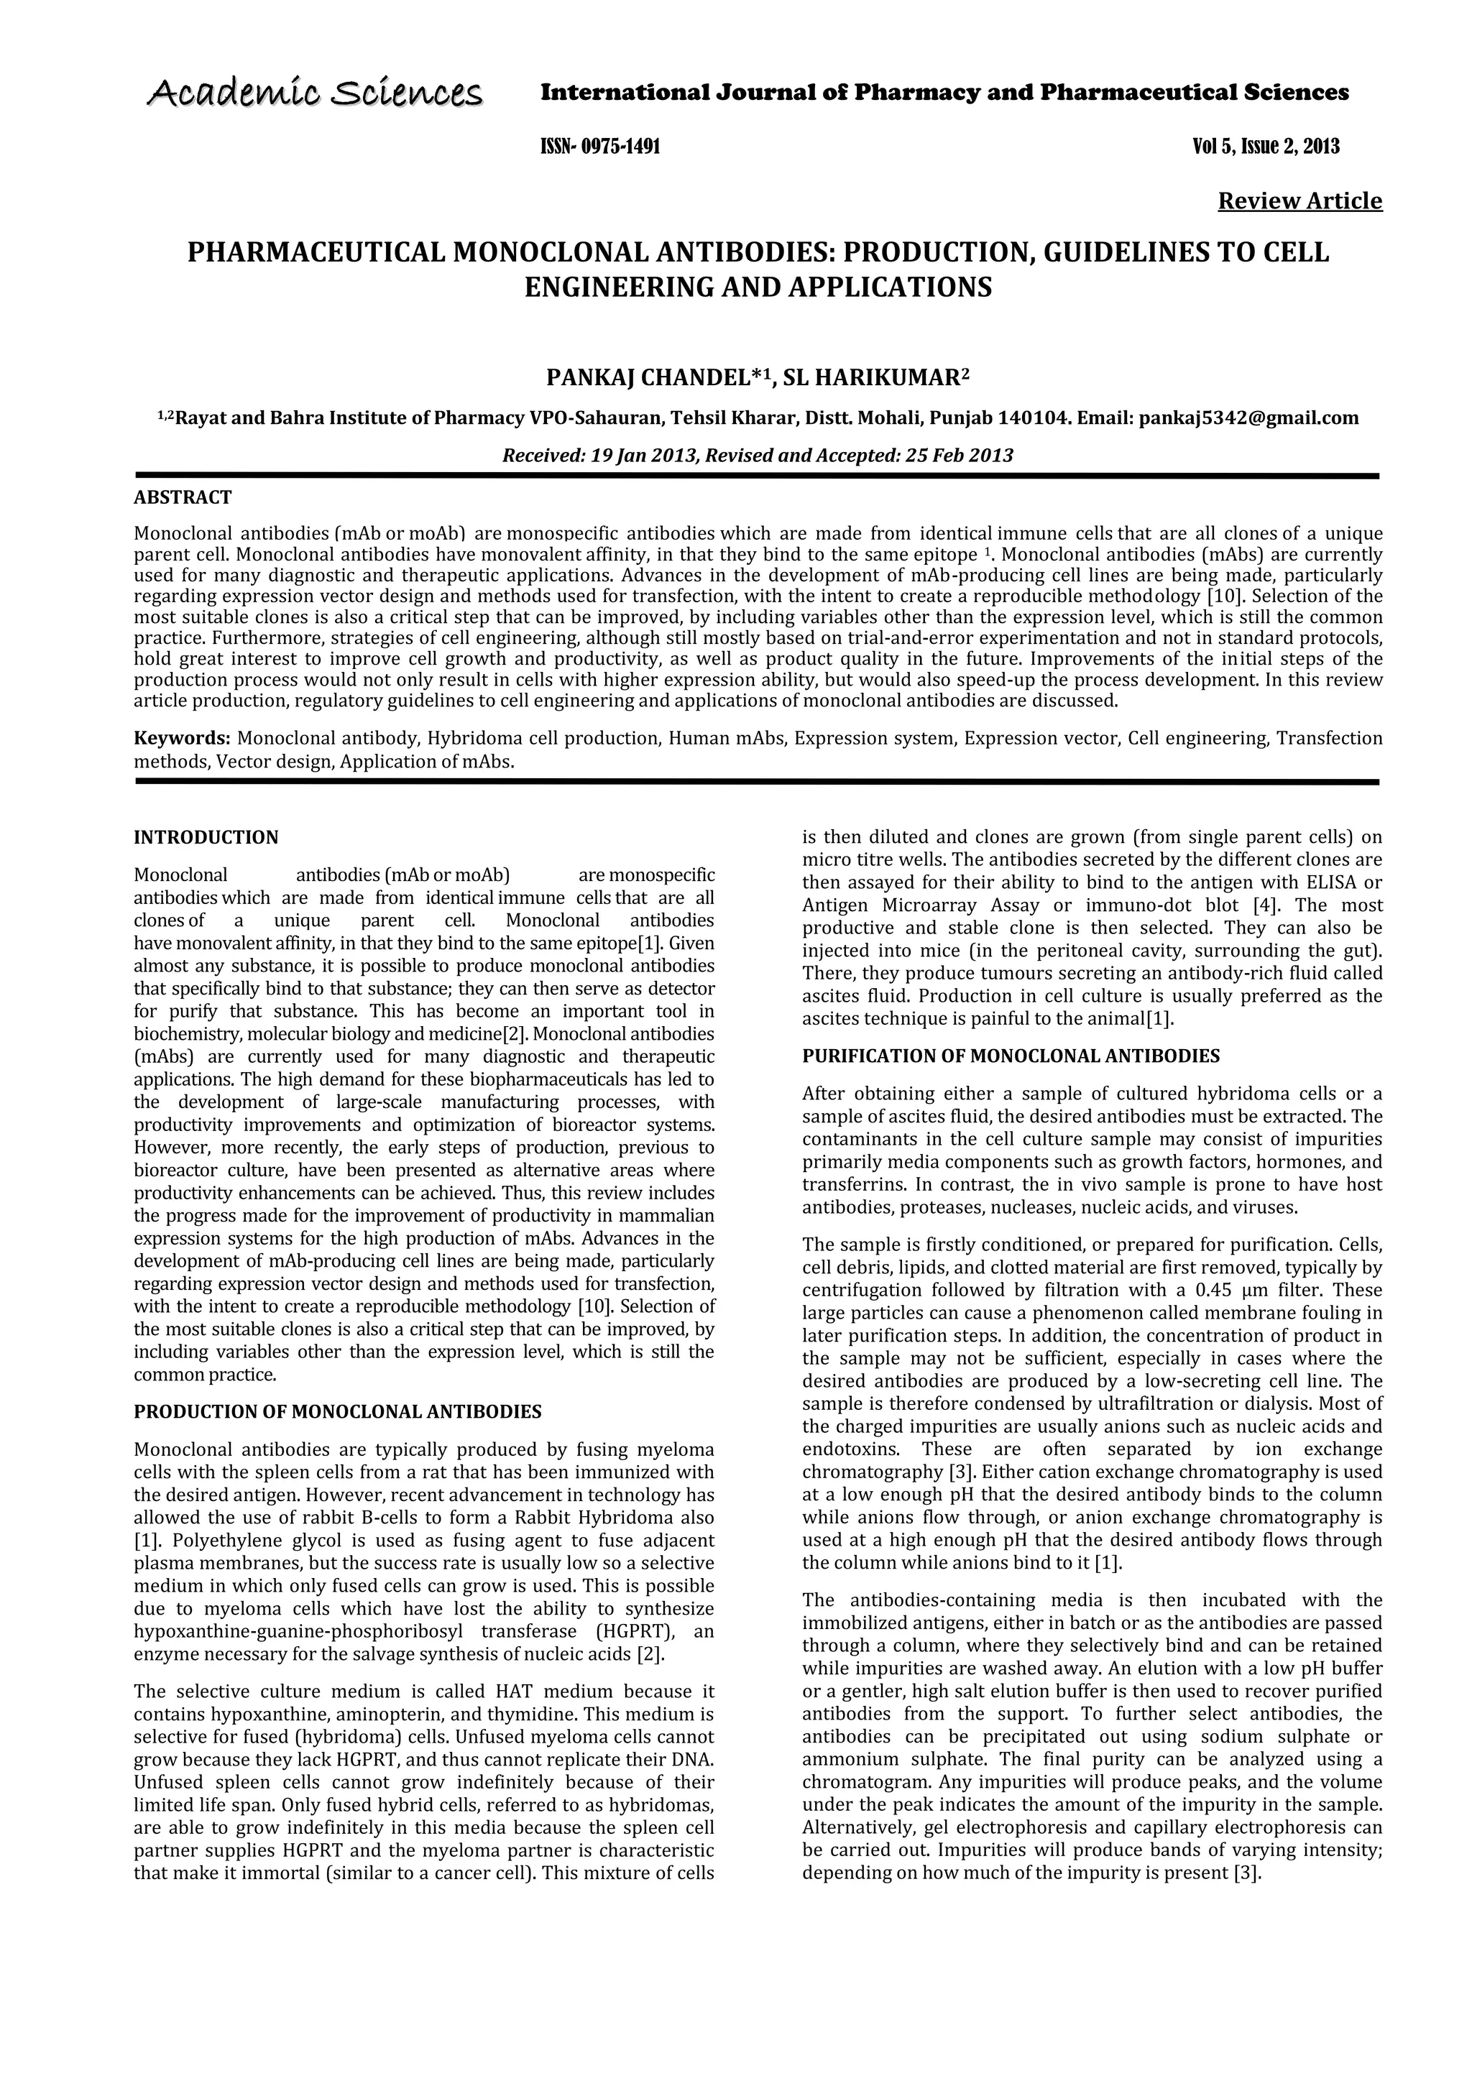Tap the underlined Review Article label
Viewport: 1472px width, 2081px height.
click(1299, 200)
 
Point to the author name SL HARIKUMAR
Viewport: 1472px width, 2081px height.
click(871, 377)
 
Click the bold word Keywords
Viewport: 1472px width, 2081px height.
click(181, 738)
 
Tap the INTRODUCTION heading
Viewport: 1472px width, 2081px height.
click(206, 836)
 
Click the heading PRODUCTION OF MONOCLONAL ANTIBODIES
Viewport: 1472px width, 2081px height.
click(337, 1411)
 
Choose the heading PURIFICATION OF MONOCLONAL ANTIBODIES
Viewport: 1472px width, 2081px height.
click(1011, 1056)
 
